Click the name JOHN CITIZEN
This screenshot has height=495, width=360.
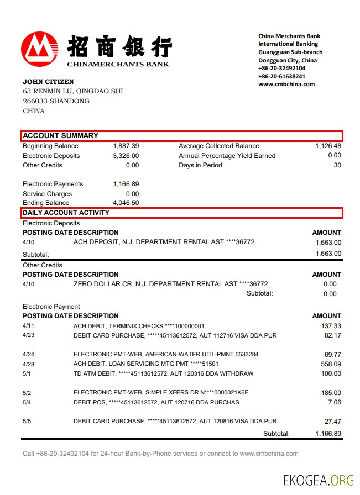pyautogui.click(x=48, y=82)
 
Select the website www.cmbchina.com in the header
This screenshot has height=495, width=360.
pyautogui.click(x=286, y=85)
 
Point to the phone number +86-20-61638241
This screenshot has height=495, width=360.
pyautogui.click(x=281, y=76)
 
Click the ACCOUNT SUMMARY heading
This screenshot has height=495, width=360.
pyautogui.click(x=61, y=135)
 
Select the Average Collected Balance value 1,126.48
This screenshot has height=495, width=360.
pyautogui.click(x=328, y=146)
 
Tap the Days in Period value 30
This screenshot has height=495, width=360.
pyautogui.click(x=337, y=165)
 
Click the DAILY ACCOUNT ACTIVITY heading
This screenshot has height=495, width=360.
pyautogui.click(x=66, y=213)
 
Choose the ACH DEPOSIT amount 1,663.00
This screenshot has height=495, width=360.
pyautogui.click(x=328, y=242)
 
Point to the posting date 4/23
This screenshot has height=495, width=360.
pyautogui.click(x=29, y=335)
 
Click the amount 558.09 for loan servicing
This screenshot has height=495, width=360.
pyautogui.click(x=331, y=364)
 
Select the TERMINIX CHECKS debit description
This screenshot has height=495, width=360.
pyautogui.click(x=139, y=326)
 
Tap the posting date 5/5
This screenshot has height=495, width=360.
pyautogui.click(x=27, y=421)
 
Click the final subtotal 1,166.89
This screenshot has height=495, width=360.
pyautogui.click(x=328, y=434)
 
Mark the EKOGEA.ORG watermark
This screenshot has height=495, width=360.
pyautogui.click(x=319, y=480)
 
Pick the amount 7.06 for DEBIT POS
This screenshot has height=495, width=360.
pyautogui.click(x=335, y=402)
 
